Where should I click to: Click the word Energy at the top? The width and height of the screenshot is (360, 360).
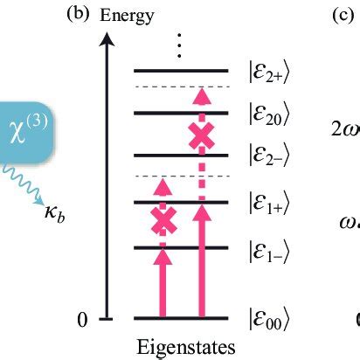[128, 15]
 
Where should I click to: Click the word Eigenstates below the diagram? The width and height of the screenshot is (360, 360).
[184, 347]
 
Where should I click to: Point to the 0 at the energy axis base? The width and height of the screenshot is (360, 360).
[82, 320]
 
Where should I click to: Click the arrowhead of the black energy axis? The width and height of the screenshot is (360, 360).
[107, 38]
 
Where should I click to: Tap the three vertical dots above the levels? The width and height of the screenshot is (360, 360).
[179, 45]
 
